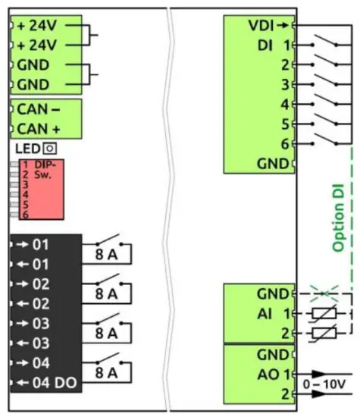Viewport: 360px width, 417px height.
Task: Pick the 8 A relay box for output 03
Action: click(x=107, y=332)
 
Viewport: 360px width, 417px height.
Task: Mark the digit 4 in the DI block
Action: click(x=284, y=104)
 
